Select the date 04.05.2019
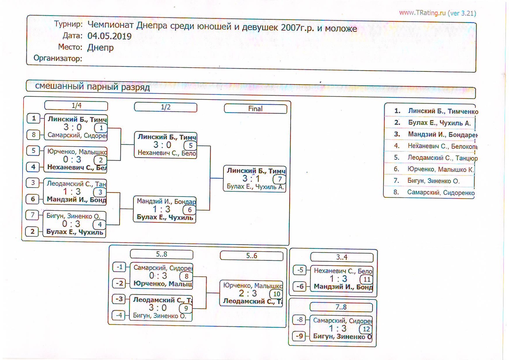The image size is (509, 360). pos(109,36)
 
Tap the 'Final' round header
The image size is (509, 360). pos(255,109)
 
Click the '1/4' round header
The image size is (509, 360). pos(76,106)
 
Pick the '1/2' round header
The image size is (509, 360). pos(166,107)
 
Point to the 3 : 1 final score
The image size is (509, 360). pos(251,179)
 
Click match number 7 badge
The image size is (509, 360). pos(279,179)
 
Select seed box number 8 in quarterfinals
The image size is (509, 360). pos(33,134)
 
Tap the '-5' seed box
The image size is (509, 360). pos(300,270)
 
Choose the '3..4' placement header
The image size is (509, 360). pos(342,257)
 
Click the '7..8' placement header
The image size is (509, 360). pos(341,307)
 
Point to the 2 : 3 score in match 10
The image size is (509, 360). pos(248,293)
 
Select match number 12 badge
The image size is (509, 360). pos(366,329)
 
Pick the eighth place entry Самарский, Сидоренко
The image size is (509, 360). pos(441,192)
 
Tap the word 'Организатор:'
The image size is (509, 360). pos(58,58)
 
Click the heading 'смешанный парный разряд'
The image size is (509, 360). pos(92,87)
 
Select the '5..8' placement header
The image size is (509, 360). pos(162,254)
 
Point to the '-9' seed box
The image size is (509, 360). pos(299,336)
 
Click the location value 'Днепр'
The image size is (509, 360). pos(100,47)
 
